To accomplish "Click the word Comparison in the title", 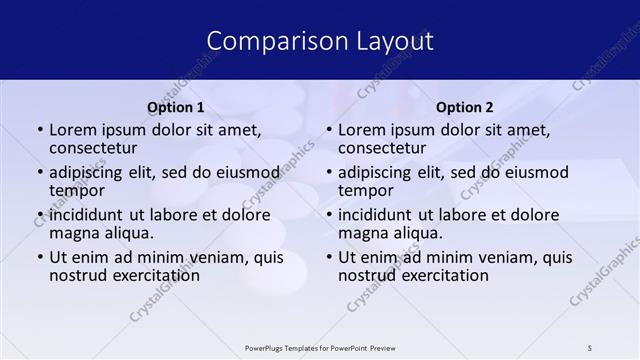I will [x=267, y=41].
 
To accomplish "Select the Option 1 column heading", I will [x=176, y=107].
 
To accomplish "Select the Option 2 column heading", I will [x=465, y=107].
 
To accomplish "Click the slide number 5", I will [x=590, y=347].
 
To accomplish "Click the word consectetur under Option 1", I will [x=93, y=149].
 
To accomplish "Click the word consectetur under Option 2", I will [x=382, y=149].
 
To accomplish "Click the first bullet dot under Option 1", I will [x=40, y=130].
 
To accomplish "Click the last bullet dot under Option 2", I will [x=329, y=257].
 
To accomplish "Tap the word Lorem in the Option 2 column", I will [x=361, y=129].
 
